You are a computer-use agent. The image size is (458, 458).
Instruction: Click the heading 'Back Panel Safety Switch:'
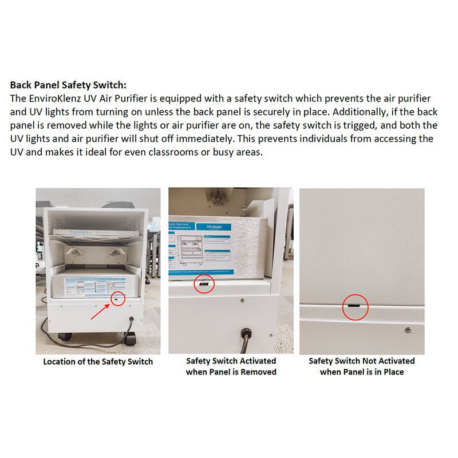[68, 85]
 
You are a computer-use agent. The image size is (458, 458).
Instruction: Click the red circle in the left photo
[117, 298]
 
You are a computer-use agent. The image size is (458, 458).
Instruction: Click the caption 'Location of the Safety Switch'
[98, 362]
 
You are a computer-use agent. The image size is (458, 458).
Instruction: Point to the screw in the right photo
[407, 329]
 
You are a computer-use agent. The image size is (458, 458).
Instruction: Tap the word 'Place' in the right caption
[393, 372]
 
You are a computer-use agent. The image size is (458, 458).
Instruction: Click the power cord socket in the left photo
[131, 321]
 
